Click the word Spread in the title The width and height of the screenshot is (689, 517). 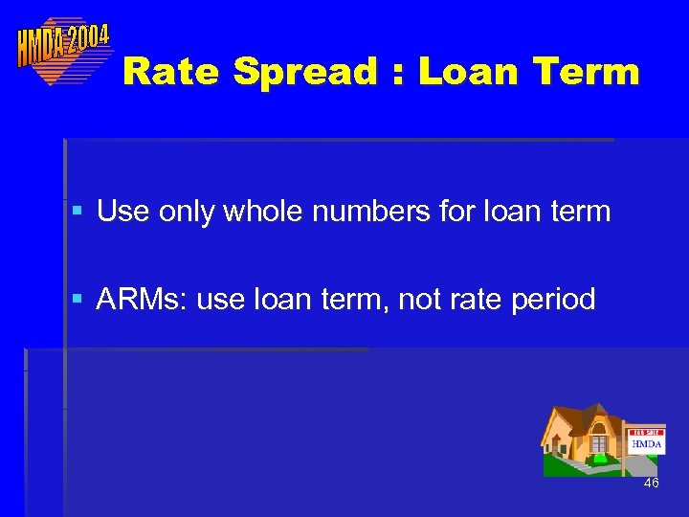[328, 72]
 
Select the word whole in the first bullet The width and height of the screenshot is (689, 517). [267, 211]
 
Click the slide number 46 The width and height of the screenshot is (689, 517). [651, 483]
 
